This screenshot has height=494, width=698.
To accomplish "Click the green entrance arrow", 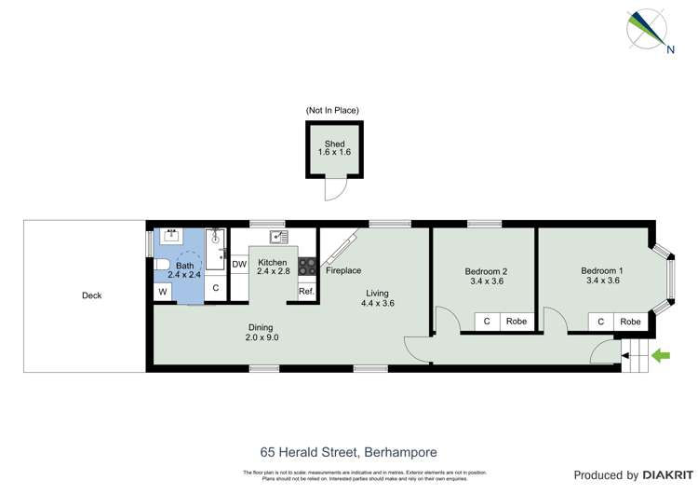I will (663, 354).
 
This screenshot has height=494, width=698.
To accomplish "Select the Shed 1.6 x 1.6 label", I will (335, 147).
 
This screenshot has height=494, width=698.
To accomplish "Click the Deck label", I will (91, 295).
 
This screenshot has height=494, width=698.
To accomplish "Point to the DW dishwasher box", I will (239, 264).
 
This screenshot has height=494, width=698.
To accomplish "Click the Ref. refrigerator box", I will (306, 291).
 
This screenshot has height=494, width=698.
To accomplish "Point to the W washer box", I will (164, 292).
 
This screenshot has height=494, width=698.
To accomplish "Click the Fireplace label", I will (342, 270).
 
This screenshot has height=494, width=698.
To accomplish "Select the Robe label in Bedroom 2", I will (516, 322).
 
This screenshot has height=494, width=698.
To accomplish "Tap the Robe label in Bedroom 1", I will (630, 322).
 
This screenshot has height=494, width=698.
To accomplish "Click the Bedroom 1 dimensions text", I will (602, 280).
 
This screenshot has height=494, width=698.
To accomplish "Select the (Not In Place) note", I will (332, 111).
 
